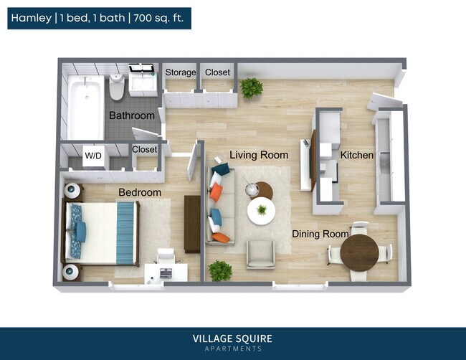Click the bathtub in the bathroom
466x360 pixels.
[x=85, y=108]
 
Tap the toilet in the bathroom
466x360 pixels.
[x=117, y=89]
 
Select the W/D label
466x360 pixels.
[x=93, y=155]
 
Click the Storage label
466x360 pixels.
[x=181, y=72]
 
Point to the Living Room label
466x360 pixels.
[x=259, y=155]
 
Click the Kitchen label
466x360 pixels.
[x=356, y=155]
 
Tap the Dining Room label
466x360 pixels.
[x=320, y=234]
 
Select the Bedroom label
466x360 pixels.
[x=140, y=192]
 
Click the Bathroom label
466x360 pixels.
[x=131, y=115]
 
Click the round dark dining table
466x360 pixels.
[x=359, y=252]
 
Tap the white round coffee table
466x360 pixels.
[x=261, y=211]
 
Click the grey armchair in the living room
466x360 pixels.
[x=260, y=254]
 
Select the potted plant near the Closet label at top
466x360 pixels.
[x=251, y=88]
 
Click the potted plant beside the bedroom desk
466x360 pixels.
[x=220, y=270]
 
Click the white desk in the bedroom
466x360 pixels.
[x=166, y=272]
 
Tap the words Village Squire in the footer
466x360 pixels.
[x=232, y=338]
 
